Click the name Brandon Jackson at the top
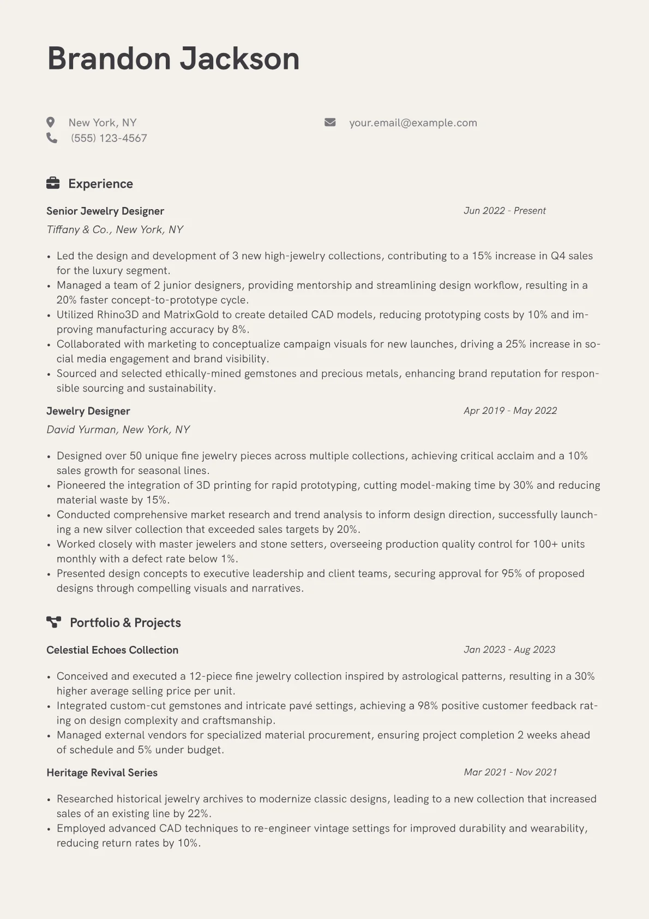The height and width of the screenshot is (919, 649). pos(173,58)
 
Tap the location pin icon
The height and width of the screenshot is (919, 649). pos(51,122)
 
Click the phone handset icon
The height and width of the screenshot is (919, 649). pos(52,138)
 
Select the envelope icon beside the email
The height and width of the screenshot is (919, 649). pos(330,122)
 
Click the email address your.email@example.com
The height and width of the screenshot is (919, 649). pos(413,123)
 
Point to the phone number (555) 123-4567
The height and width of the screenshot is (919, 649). pos(109,138)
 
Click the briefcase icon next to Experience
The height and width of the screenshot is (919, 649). pos(53,183)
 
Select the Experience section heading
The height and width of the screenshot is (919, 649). pos(100,184)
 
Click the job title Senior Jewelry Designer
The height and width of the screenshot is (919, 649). pos(105,211)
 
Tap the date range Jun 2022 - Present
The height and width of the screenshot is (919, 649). pos(504,211)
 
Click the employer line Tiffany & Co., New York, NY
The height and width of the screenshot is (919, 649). pos(115,230)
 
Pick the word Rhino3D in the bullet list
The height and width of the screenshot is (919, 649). pos(118,315)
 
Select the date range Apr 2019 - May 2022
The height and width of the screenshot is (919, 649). pos(510,411)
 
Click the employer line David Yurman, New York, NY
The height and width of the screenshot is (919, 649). pos(118,430)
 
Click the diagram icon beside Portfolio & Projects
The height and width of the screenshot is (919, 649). pos(53,622)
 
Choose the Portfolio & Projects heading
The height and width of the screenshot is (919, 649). pos(125,623)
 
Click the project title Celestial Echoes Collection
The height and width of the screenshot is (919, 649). pos(112,650)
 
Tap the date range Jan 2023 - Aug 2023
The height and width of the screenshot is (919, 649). pos(509,650)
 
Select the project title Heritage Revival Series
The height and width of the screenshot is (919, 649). pos(102,773)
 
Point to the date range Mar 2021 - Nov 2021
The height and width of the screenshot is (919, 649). pos(510,772)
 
